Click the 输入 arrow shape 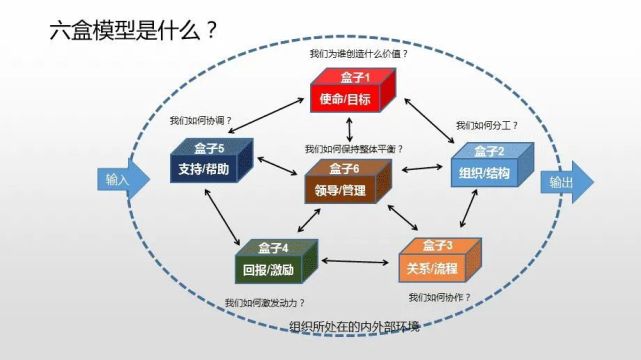121,181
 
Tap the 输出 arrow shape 566,184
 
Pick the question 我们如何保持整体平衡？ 355,149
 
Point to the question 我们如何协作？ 439,297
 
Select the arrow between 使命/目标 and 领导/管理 349,128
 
